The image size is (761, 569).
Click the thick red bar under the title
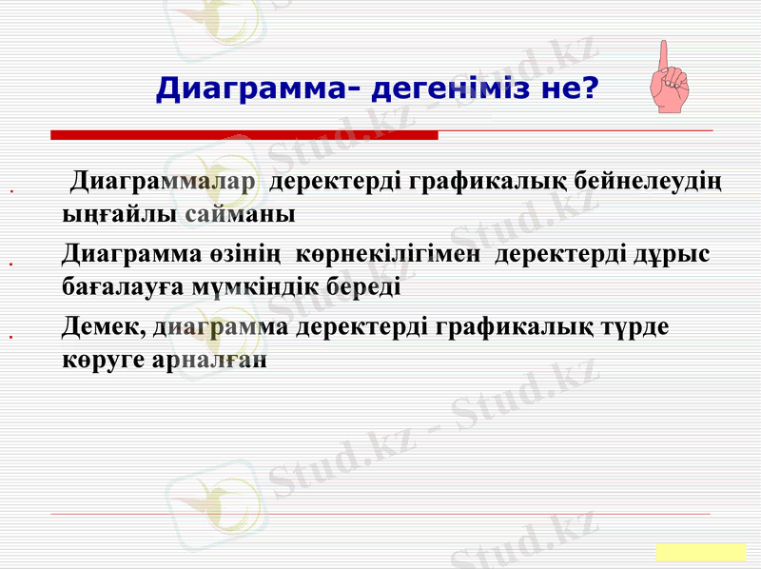pos(244,135)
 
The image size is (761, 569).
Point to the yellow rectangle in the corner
pos(700,552)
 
